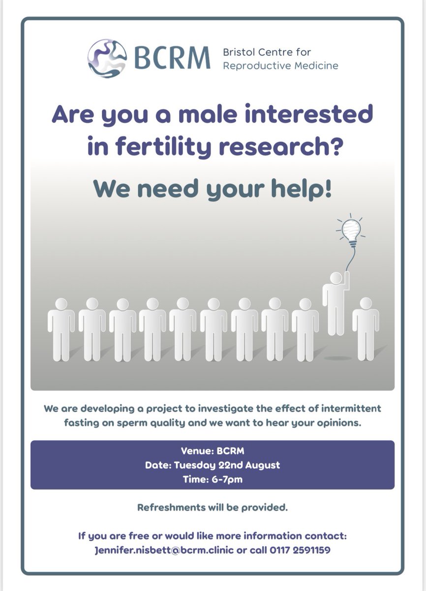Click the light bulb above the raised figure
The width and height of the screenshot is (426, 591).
[352, 230]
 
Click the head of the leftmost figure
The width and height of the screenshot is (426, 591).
[61, 304]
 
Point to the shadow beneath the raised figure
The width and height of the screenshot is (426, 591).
[338, 358]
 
